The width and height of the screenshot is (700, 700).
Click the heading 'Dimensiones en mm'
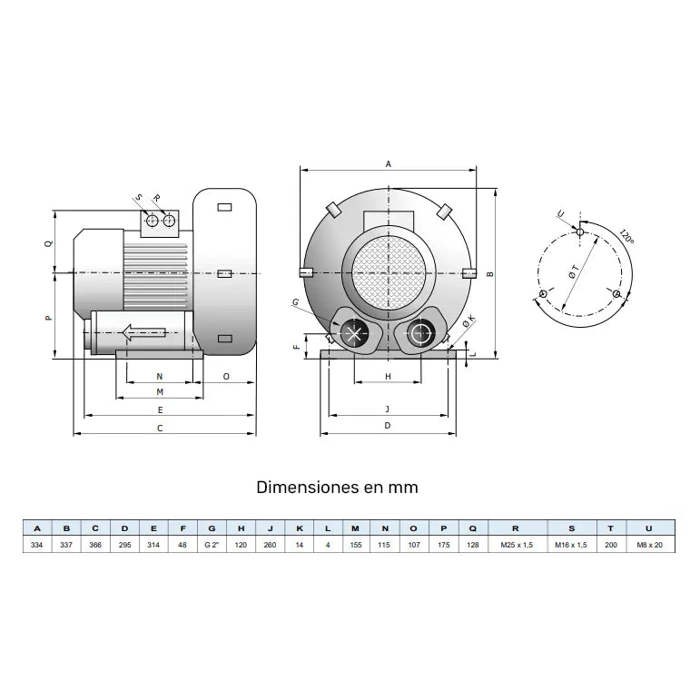[338, 487]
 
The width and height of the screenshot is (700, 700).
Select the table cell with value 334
[36, 545]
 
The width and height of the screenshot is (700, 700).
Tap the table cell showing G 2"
[212, 545]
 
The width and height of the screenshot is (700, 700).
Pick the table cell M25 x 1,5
[516, 545]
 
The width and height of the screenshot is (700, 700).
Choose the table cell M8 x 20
[648, 545]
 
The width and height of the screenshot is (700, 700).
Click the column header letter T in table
[610, 527]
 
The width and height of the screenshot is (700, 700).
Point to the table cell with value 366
[94, 545]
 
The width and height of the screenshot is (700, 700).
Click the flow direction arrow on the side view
[142, 332]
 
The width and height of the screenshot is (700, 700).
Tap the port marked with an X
[352, 334]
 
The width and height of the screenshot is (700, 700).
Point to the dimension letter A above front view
[388, 164]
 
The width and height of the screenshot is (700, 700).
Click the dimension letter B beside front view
[489, 273]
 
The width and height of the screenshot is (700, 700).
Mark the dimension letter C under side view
[160, 427]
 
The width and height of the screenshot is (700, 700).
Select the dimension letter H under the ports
[388, 375]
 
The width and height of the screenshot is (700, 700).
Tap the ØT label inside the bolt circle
[574, 271]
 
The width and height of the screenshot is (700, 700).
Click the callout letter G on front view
[296, 301]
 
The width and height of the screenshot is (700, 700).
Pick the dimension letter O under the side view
[225, 375]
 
